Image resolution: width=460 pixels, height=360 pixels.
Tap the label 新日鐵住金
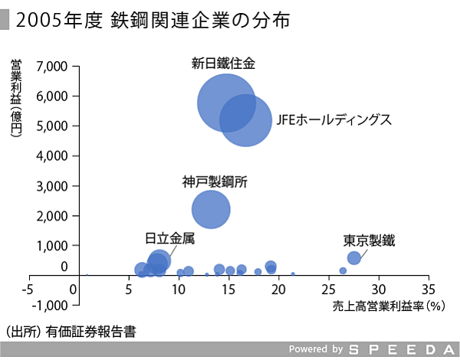point(223,64)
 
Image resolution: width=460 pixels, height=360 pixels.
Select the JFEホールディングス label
point(334,120)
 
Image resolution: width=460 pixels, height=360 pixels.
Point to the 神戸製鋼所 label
point(215,182)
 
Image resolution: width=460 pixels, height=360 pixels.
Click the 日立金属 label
point(169,238)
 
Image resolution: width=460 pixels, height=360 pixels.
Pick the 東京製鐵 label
point(369,240)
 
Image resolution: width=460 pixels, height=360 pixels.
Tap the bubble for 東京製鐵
point(354,258)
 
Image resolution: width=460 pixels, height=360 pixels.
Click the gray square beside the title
point(5,21)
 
